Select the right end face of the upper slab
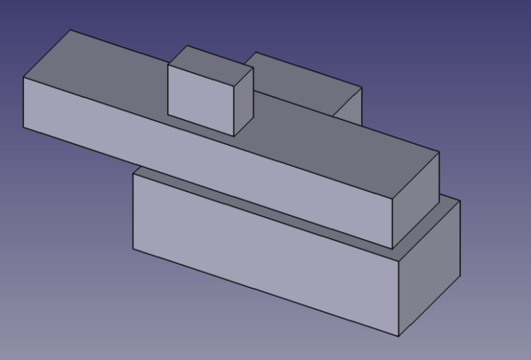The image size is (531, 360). click(416, 200)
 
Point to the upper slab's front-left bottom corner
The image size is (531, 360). click(24, 128)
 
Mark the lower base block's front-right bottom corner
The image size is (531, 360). click(400, 337)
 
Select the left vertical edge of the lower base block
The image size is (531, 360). click(133, 211)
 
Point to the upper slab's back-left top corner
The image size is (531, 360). click(72, 30)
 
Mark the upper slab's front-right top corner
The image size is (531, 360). click(392, 198)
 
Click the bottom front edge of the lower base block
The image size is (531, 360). click(266, 293)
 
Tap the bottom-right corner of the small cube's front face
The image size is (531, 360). click(234, 135)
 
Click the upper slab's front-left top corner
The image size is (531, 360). click(24, 77)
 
